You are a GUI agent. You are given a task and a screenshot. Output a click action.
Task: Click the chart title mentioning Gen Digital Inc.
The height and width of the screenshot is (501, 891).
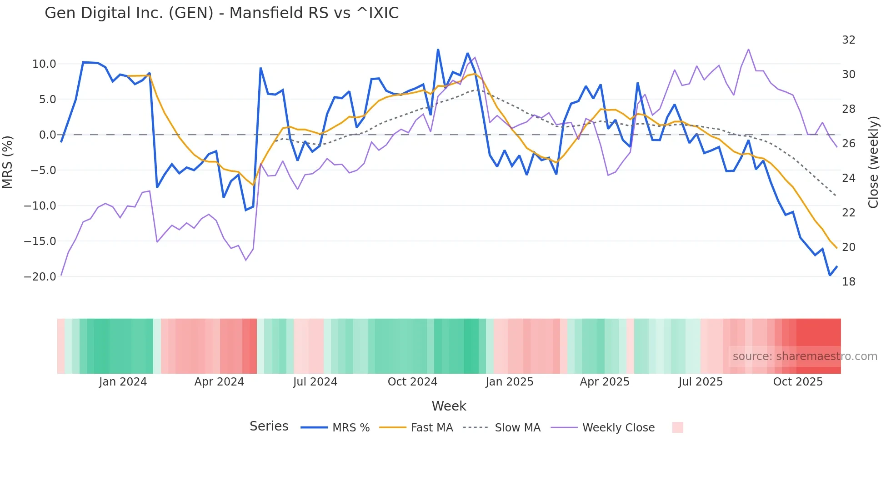click(221, 13)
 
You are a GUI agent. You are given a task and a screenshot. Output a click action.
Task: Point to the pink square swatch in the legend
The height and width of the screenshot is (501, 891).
click(677, 427)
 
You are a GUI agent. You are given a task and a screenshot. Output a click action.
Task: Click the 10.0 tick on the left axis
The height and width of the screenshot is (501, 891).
click(44, 64)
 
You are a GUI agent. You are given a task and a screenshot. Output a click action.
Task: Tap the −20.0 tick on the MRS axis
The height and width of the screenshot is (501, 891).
click(40, 277)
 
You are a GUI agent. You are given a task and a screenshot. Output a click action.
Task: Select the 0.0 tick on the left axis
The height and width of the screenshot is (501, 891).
click(47, 135)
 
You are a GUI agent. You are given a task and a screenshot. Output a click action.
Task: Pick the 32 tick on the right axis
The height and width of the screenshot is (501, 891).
click(848, 40)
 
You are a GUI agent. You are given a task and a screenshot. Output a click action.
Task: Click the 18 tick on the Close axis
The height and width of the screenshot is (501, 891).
click(848, 282)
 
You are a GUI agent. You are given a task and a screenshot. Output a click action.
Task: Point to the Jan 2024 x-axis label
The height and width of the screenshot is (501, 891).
click(123, 382)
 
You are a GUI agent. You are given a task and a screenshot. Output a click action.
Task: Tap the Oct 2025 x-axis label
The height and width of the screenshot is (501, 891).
click(798, 382)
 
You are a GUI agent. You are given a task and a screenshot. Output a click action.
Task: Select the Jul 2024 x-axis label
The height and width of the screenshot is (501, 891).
click(315, 382)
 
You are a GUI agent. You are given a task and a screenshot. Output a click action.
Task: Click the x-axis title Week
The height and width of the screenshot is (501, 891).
click(449, 406)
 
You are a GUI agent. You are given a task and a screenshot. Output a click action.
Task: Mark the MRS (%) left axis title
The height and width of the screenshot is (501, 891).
click(8, 162)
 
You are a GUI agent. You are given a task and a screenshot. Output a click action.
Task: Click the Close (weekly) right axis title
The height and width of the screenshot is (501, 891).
click(873, 162)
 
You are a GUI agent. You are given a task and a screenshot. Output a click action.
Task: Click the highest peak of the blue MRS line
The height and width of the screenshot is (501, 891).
click(438, 49)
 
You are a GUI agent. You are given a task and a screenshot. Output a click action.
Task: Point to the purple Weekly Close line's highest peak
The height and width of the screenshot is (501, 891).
click(748, 49)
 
